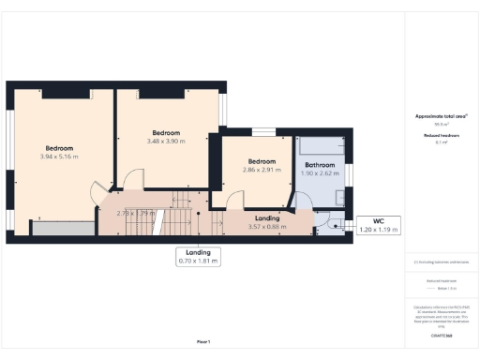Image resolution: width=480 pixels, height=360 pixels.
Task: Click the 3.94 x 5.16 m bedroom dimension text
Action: (x=59, y=157)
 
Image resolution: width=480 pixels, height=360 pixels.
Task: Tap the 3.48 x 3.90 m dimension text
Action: (x=166, y=141)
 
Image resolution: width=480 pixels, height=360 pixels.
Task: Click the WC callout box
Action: (x=379, y=225)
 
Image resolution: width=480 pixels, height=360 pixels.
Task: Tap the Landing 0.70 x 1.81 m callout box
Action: (x=198, y=257)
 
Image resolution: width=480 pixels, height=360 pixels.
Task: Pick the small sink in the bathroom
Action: (x=337, y=198)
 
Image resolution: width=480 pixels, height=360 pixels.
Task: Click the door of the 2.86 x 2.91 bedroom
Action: (x=235, y=198)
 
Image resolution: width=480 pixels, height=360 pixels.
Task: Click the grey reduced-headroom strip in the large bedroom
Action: (x=63, y=228)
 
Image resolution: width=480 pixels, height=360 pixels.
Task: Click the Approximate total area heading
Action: (x=441, y=116)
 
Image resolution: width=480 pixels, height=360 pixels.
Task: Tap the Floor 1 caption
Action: (x=202, y=340)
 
